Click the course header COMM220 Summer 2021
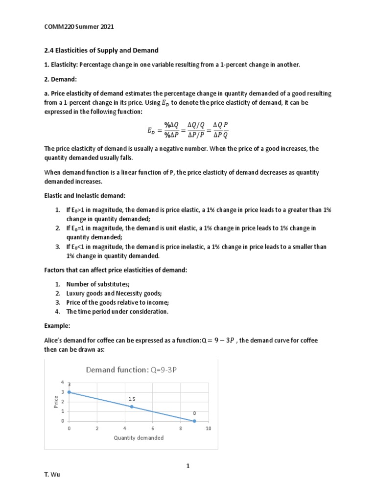[79, 27]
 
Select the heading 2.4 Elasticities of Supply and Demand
[102, 50]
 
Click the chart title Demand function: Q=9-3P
[131, 370]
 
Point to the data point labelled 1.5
[132, 407]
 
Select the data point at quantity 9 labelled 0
[194, 421]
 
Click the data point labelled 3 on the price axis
[70, 392]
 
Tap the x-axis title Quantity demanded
[139, 438]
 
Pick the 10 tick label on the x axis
[208, 429]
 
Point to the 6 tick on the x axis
[153, 429]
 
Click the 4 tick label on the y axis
[62, 382]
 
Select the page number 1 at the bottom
[187, 466]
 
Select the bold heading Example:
[58, 324]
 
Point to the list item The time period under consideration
[117, 311]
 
